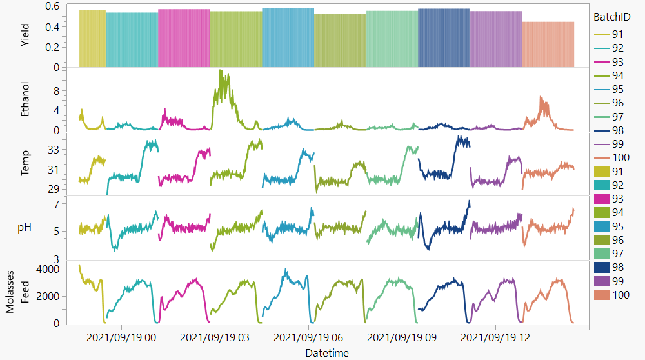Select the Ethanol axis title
(x=26, y=99)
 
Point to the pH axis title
(x=26, y=228)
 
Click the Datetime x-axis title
(x=327, y=353)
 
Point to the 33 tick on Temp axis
(x=54, y=150)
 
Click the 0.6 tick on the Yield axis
(x=52, y=6)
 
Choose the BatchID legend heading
(x=611, y=17)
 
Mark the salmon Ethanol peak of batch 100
(x=541, y=97)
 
